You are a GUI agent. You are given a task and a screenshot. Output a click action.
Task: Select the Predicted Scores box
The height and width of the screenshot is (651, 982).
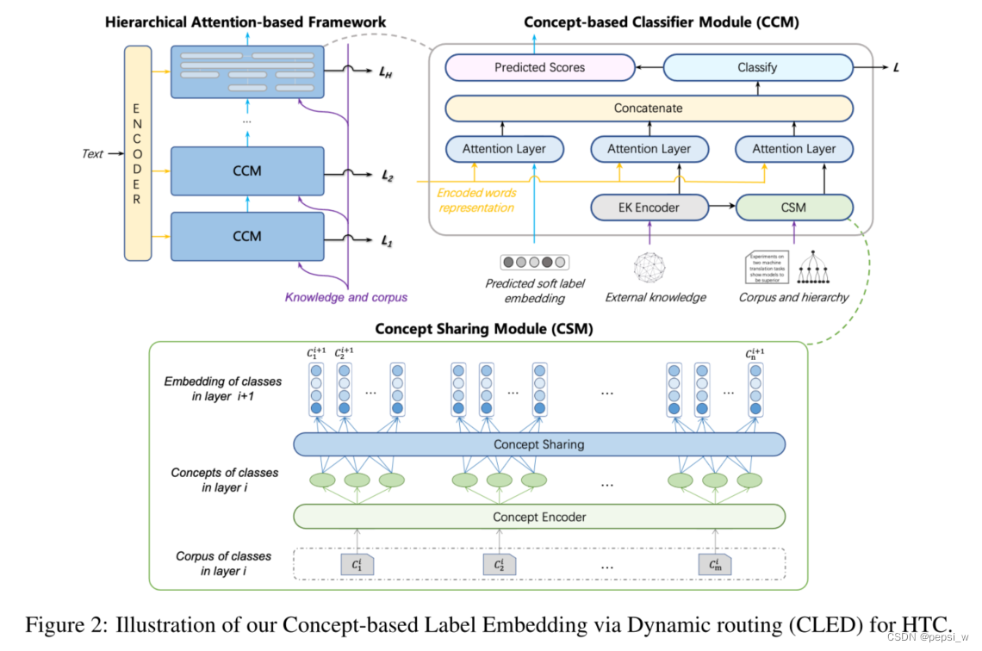point(539,67)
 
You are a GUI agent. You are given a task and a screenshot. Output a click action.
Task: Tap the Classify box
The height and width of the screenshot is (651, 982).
point(757,67)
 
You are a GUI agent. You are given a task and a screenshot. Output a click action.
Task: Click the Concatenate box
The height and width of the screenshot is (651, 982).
point(648,108)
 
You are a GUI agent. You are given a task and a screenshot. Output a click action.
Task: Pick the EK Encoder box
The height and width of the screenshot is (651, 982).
point(648,208)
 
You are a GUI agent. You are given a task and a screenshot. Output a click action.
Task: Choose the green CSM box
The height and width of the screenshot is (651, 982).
point(793,208)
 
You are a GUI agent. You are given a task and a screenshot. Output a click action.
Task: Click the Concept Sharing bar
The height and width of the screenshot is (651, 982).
point(538,444)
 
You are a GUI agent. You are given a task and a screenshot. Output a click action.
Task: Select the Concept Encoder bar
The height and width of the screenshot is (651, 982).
point(538,517)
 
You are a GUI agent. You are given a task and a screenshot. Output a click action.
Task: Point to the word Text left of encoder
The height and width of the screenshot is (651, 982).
point(92,154)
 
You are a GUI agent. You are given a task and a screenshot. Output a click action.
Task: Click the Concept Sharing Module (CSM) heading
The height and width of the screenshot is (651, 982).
point(483,329)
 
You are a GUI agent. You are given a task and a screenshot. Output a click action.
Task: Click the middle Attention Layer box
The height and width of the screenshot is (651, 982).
point(648,149)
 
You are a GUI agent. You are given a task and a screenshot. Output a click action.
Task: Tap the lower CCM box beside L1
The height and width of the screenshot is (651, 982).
point(246,236)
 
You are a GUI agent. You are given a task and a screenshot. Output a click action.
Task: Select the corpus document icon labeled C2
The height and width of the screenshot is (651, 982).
point(499,565)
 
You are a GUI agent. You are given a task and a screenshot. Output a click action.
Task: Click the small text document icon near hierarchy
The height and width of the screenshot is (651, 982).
point(767,267)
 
